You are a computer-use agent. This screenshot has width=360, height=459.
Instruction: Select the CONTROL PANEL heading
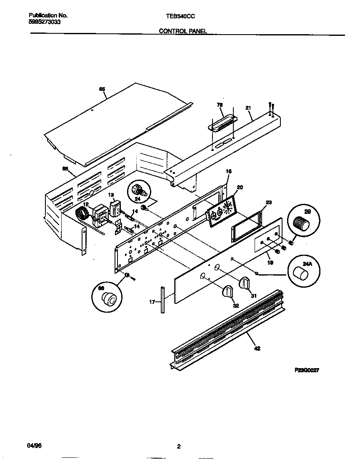[183, 31]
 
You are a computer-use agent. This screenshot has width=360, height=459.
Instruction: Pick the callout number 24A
[307, 264]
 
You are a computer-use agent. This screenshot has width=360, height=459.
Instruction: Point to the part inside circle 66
[109, 299]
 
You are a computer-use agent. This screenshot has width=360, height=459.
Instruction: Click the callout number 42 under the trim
[257, 349]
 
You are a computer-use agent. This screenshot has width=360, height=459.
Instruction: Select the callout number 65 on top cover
[102, 89]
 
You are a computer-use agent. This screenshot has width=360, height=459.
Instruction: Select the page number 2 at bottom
[179, 447]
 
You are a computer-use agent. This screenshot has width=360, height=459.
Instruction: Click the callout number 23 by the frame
[268, 203]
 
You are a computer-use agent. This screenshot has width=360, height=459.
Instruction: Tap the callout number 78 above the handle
[220, 105]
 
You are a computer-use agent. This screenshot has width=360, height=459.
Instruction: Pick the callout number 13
[111, 194]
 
